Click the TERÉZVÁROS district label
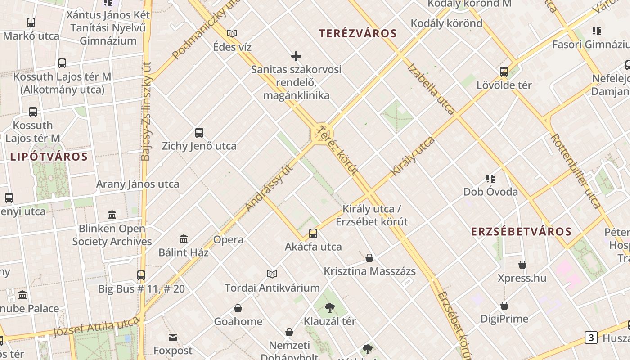(358, 33)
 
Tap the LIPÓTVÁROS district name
(49, 157)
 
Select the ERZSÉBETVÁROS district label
(521, 232)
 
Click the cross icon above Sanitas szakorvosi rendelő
(296, 56)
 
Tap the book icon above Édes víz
(232, 33)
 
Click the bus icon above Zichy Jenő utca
(199, 133)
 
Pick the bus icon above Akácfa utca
(313, 234)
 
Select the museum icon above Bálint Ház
(184, 239)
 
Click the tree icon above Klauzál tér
(330, 308)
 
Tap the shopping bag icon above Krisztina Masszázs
(369, 258)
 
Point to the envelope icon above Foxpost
(173, 337)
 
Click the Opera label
(228, 239)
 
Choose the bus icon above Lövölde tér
(504, 72)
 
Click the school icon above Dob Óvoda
(490, 179)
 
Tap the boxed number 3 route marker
(591, 337)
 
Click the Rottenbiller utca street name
(576, 171)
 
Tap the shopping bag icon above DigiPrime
(504, 306)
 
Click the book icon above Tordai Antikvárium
(272, 274)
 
